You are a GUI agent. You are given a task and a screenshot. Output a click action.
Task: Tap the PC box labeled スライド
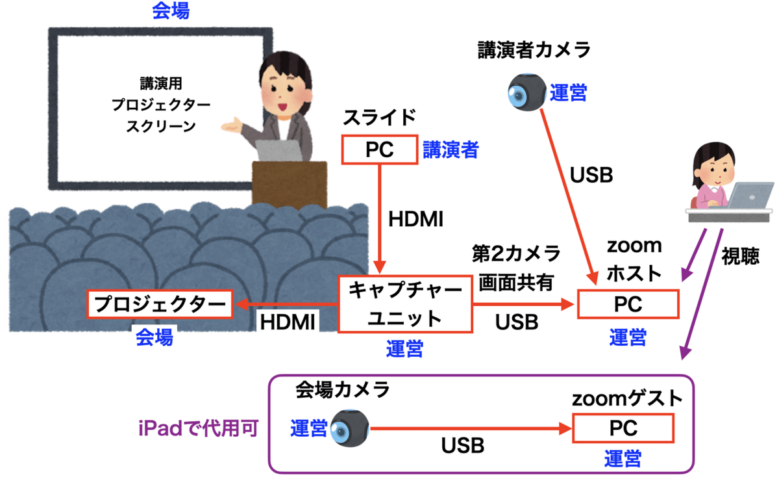379,150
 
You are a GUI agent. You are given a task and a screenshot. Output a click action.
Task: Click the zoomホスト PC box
628,304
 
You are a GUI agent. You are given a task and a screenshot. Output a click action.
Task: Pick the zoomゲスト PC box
624,428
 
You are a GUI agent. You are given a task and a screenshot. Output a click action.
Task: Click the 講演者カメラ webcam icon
526,92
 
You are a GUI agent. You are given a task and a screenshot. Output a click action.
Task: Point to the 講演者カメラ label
534,50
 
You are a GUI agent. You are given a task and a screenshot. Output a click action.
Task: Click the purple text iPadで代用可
198,429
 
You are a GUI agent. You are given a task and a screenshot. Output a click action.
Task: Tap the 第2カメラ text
517,253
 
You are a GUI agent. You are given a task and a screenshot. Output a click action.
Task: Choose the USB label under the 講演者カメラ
591,175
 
